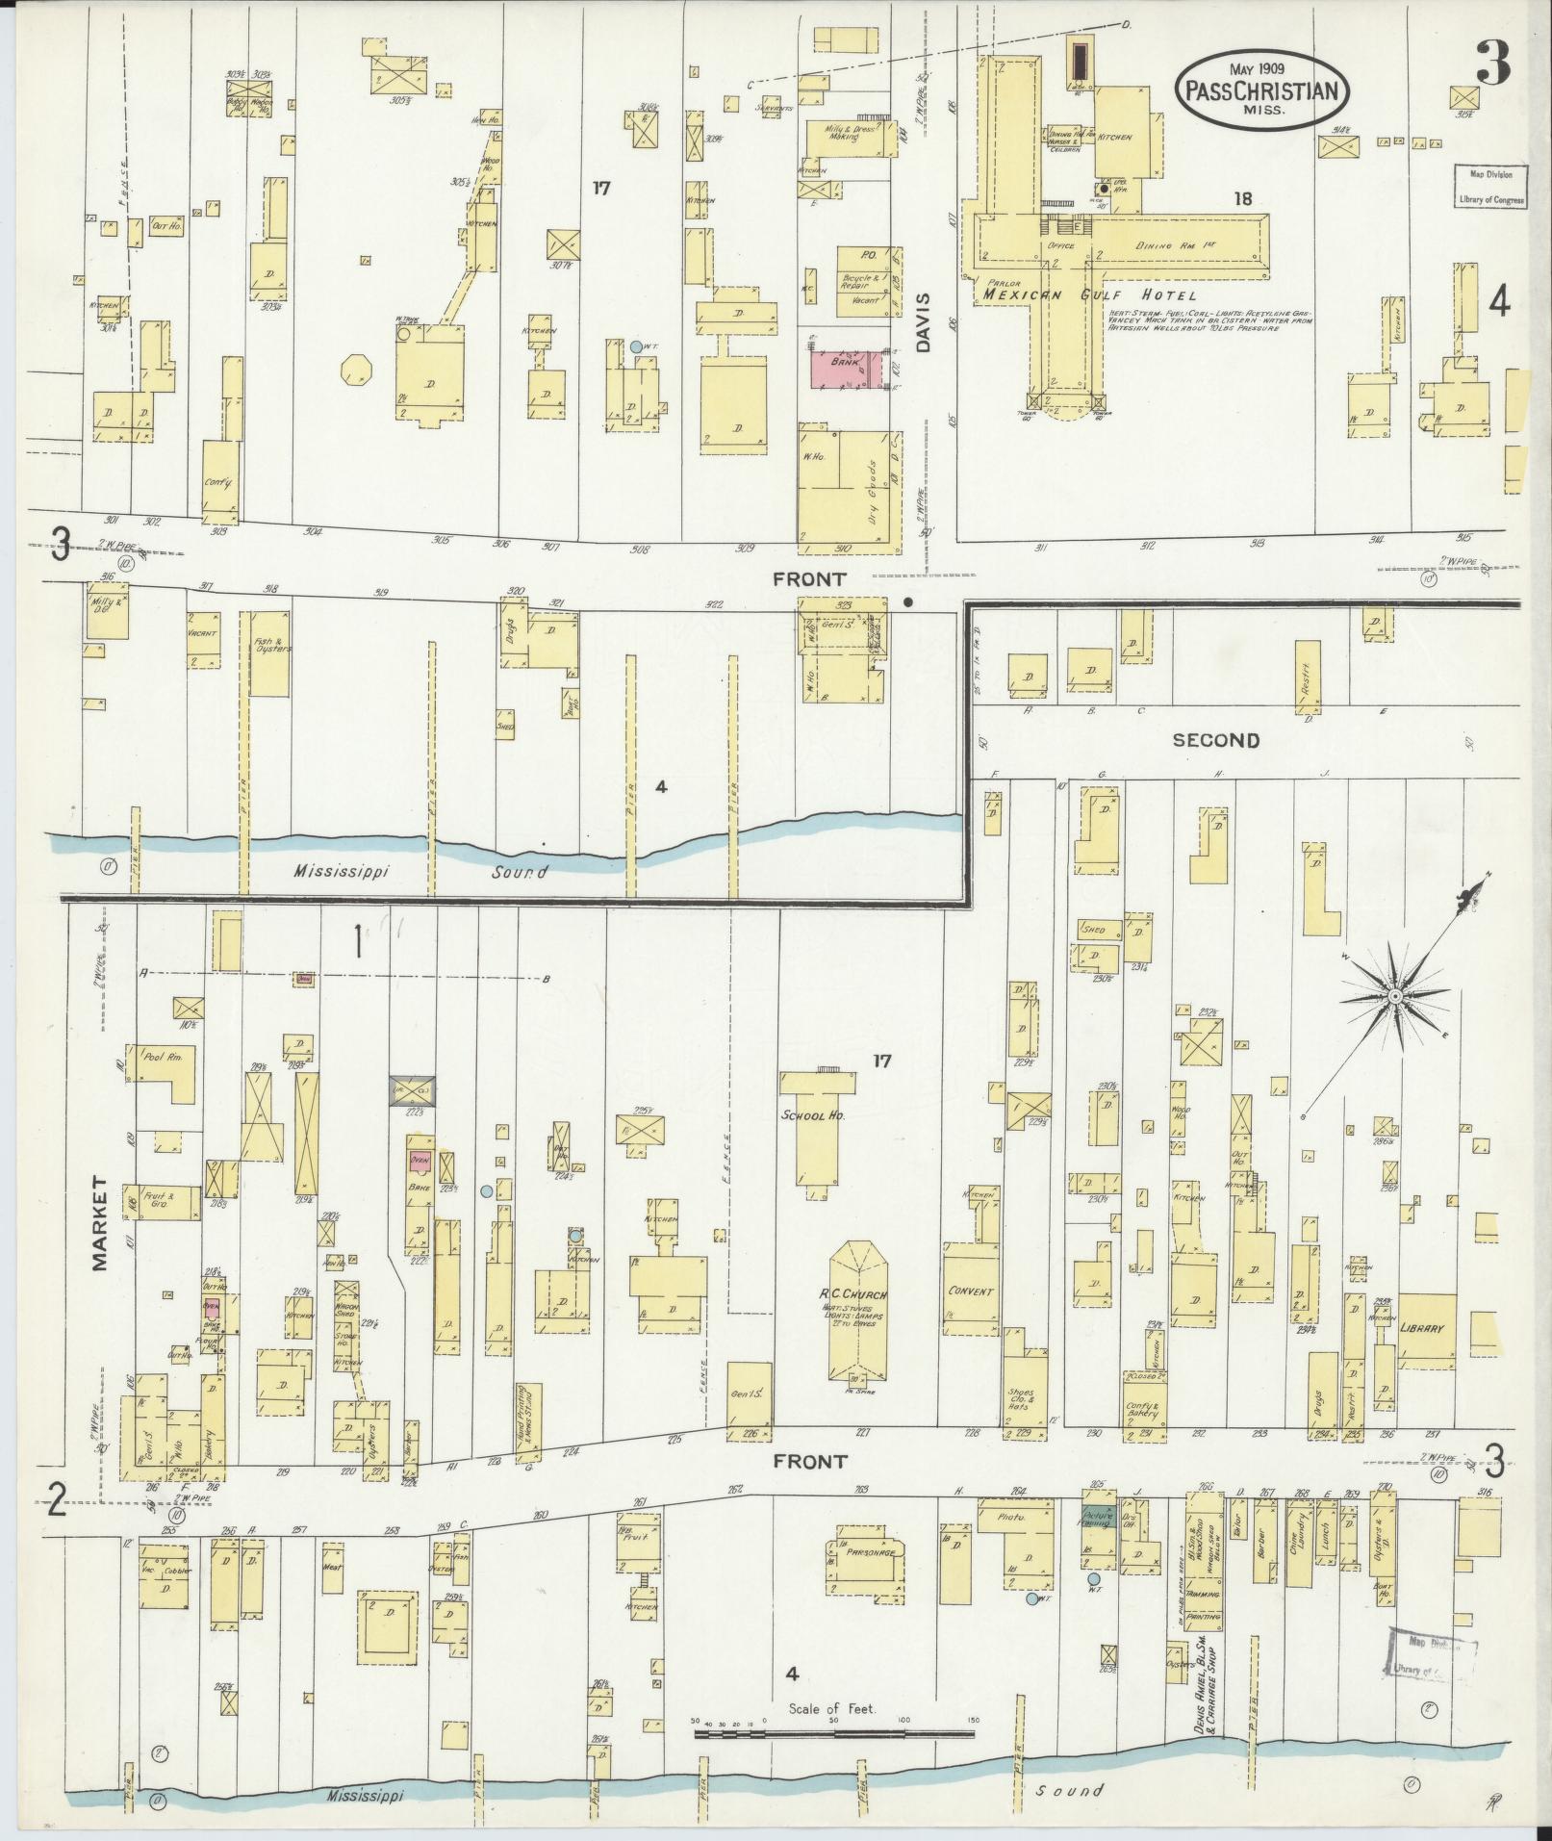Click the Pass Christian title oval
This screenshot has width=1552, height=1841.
(x=1259, y=89)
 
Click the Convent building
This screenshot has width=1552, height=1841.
(x=970, y=1290)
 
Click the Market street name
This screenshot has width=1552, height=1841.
(x=102, y=1221)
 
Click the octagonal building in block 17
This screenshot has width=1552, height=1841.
(x=356, y=369)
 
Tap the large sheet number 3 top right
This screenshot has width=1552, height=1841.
(x=1494, y=64)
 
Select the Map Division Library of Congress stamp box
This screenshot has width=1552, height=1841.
(x=1489, y=188)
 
